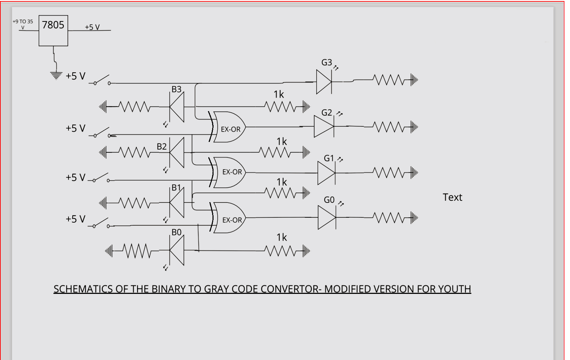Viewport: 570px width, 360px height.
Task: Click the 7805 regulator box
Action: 53,30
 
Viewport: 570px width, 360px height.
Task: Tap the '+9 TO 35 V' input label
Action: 23,24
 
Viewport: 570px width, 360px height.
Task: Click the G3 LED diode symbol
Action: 324,82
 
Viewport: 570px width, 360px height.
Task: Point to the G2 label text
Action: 327,112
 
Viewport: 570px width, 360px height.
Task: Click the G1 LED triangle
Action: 326,173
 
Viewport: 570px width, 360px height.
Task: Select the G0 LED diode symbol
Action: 327,217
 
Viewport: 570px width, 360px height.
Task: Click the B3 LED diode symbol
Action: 177,107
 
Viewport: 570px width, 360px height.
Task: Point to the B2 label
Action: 162,146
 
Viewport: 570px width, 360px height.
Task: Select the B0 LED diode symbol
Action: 177,250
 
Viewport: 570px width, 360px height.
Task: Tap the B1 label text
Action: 176,188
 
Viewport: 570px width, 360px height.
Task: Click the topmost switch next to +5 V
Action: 100,80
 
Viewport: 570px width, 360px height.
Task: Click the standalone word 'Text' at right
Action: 452,197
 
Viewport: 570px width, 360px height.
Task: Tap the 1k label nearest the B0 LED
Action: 282,237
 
